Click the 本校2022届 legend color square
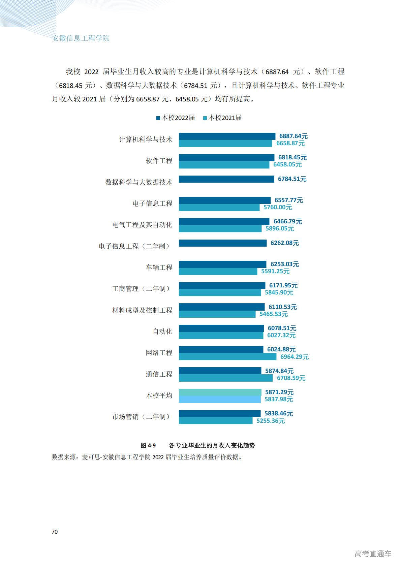158,118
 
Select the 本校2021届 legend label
225,118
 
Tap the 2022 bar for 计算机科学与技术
227,136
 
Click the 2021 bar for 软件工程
224,165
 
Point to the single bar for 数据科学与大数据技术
226,179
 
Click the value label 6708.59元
291,378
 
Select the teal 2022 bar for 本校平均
220,392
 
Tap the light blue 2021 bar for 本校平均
219,400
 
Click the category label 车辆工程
159,267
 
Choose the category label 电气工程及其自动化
142,225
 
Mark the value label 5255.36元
271,421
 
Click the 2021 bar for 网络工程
227,357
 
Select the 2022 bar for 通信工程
220,371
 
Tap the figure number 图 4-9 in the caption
148,445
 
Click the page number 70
55,532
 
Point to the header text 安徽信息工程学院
81,38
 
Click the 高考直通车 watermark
373,554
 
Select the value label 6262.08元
285,243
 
